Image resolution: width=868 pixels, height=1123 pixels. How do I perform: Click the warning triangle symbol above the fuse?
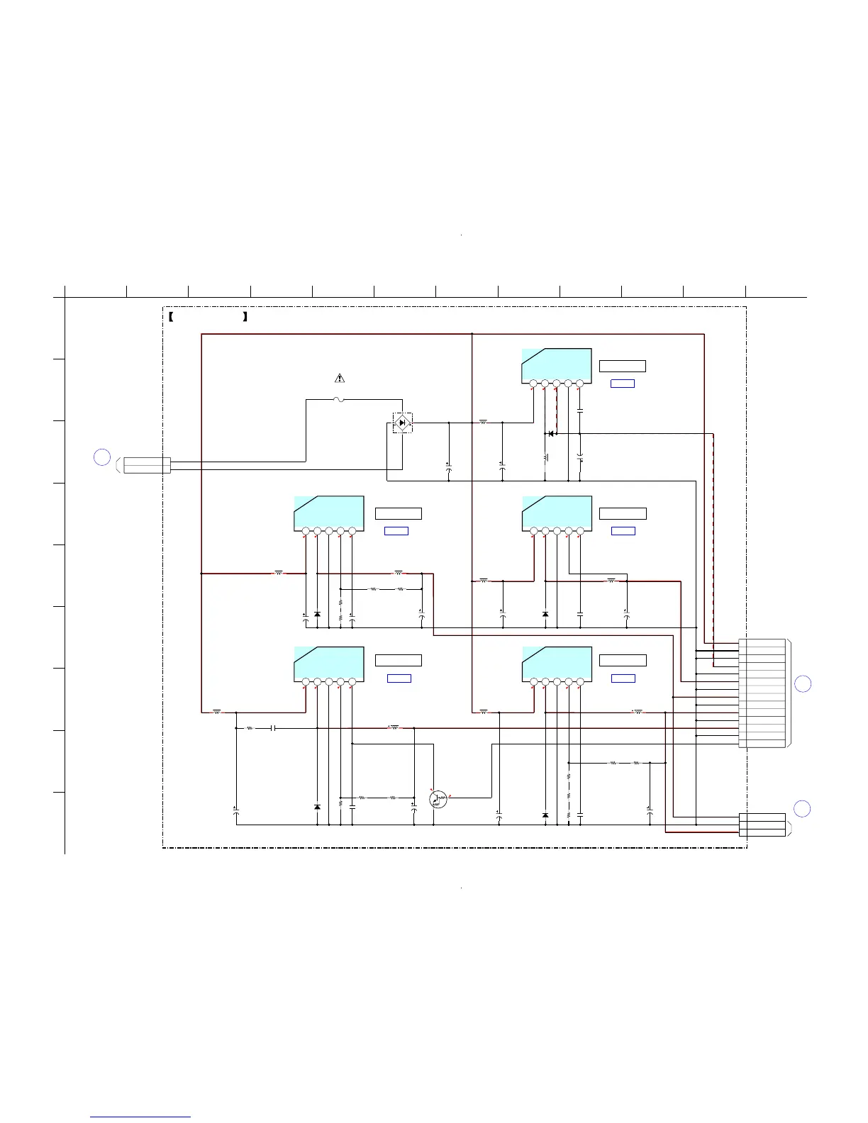pyautogui.click(x=340, y=378)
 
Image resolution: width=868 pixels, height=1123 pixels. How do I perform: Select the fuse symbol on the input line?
pyautogui.click(x=340, y=400)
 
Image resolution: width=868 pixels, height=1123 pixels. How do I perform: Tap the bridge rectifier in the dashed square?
pyautogui.click(x=403, y=423)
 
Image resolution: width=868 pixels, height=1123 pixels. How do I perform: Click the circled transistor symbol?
pyautogui.click(x=439, y=799)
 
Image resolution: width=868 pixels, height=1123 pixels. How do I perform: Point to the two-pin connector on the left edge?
pyautogui.click(x=148, y=465)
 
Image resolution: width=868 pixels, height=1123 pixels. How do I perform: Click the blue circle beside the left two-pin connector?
pyautogui.click(x=102, y=457)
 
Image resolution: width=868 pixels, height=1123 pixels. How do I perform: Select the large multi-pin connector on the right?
pyautogui.click(x=762, y=693)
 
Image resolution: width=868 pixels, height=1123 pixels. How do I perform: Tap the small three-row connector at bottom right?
pyautogui.click(x=762, y=825)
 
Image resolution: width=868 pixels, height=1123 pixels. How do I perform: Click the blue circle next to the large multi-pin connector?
pyautogui.click(x=802, y=684)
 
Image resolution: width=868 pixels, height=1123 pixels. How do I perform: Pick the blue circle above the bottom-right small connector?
pyautogui.click(x=802, y=808)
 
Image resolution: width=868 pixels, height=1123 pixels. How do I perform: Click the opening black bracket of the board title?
pyautogui.click(x=172, y=317)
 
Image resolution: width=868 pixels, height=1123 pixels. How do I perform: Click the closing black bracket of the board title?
pyautogui.click(x=245, y=317)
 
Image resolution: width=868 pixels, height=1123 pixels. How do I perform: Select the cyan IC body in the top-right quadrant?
pyautogui.click(x=557, y=364)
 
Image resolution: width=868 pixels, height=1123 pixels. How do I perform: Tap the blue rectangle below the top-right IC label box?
pyautogui.click(x=622, y=384)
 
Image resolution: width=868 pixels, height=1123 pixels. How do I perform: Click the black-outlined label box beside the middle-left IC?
pyautogui.click(x=398, y=513)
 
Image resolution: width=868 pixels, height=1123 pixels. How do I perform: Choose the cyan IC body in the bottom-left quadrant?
pyautogui.click(x=328, y=662)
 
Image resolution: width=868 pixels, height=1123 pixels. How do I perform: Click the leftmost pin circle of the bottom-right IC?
pyautogui.click(x=533, y=682)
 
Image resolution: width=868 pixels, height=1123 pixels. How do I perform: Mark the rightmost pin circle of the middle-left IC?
pyautogui.click(x=352, y=531)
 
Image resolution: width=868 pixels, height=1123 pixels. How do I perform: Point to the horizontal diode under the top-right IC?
pyautogui.click(x=550, y=434)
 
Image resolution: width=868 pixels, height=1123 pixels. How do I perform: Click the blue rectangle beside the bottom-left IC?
pyautogui.click(x=399, y=678)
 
